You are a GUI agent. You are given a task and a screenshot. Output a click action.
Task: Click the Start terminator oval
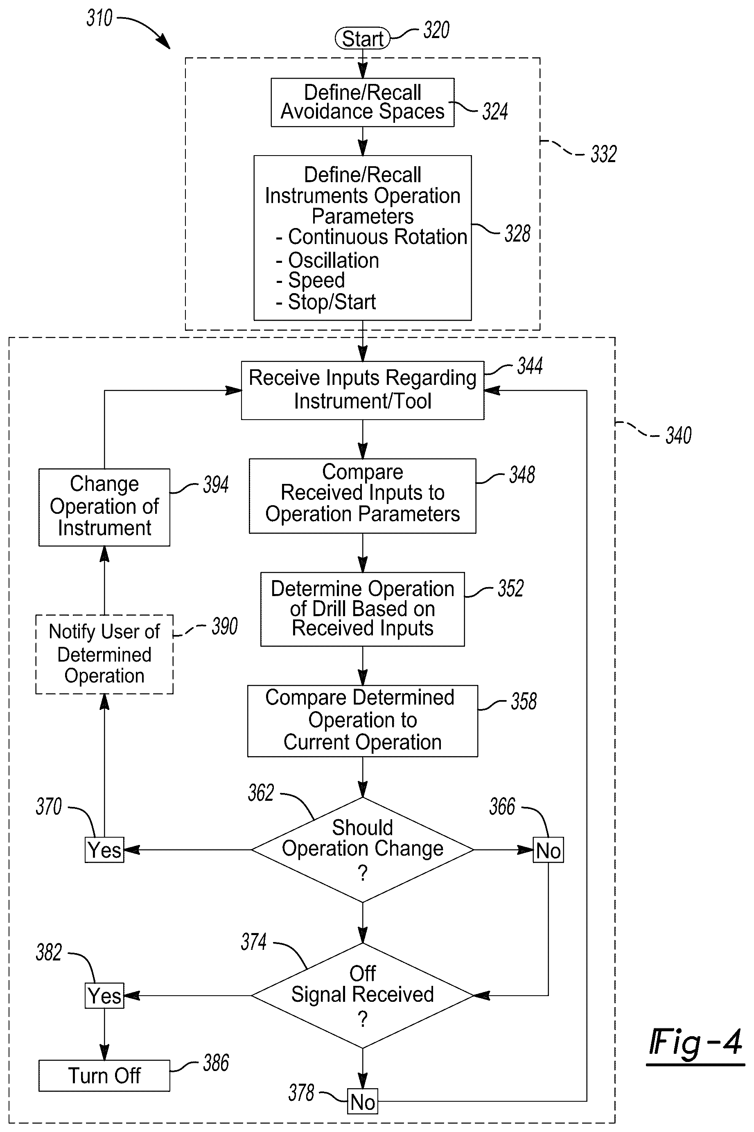point(362,38)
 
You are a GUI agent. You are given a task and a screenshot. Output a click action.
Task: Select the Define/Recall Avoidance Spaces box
point(363,102)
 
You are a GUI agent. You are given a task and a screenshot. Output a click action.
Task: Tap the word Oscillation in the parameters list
point(333,260)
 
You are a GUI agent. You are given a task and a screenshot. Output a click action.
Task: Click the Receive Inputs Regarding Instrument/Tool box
point(363,390)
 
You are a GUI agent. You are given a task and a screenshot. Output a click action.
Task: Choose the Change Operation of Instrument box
point(104,507)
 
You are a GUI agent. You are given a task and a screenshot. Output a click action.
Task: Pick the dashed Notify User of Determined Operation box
point(104,654)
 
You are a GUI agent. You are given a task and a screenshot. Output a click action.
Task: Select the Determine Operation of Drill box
point(363,609)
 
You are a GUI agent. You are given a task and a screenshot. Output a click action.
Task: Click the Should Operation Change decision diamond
point(363,850)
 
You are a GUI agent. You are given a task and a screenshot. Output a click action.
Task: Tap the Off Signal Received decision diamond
point(363,995)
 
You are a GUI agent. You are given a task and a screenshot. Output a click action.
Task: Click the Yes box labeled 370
point(104,850)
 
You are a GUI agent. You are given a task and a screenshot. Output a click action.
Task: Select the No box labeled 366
point(548,850)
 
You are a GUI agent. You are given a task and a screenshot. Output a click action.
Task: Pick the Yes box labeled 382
point(104,995)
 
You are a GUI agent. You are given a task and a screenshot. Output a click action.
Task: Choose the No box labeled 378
point(363,1101)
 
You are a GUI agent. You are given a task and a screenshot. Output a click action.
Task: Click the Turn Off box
point(104,1076)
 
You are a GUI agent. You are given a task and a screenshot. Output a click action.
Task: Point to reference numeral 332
point(603,154)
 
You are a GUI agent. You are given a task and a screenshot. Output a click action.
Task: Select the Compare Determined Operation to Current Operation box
point(363,721)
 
